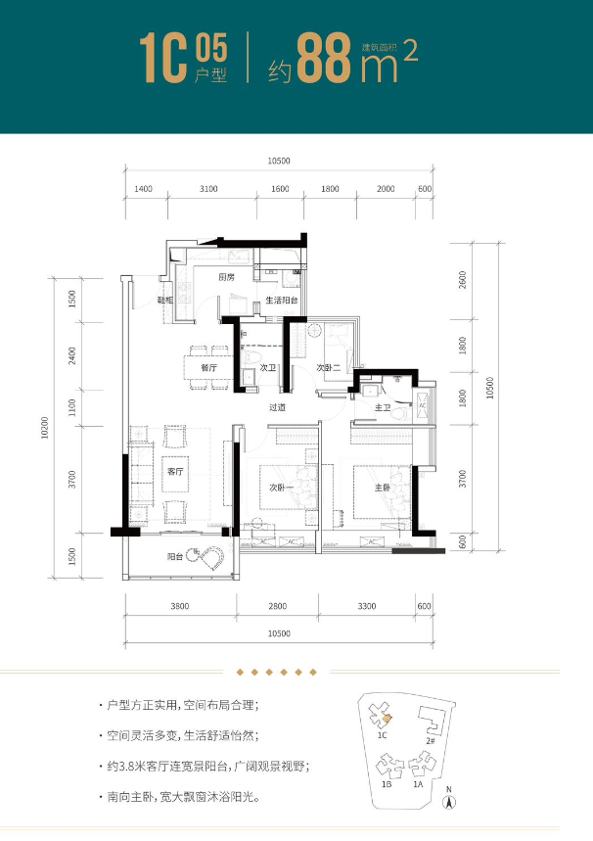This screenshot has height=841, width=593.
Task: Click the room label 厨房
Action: [226, 278]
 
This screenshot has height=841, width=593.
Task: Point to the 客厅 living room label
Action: [176, 472]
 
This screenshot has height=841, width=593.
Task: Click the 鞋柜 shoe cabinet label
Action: [165, 301]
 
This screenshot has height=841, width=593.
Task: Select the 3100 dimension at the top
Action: [207, 188]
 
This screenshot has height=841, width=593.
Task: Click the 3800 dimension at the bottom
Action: [179, 607]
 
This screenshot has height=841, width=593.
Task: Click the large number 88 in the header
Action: [323, 61]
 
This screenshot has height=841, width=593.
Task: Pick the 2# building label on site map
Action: [430, 741]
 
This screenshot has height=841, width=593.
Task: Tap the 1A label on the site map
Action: [418, 785]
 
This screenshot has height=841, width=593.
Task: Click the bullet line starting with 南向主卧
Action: [181, 798]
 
